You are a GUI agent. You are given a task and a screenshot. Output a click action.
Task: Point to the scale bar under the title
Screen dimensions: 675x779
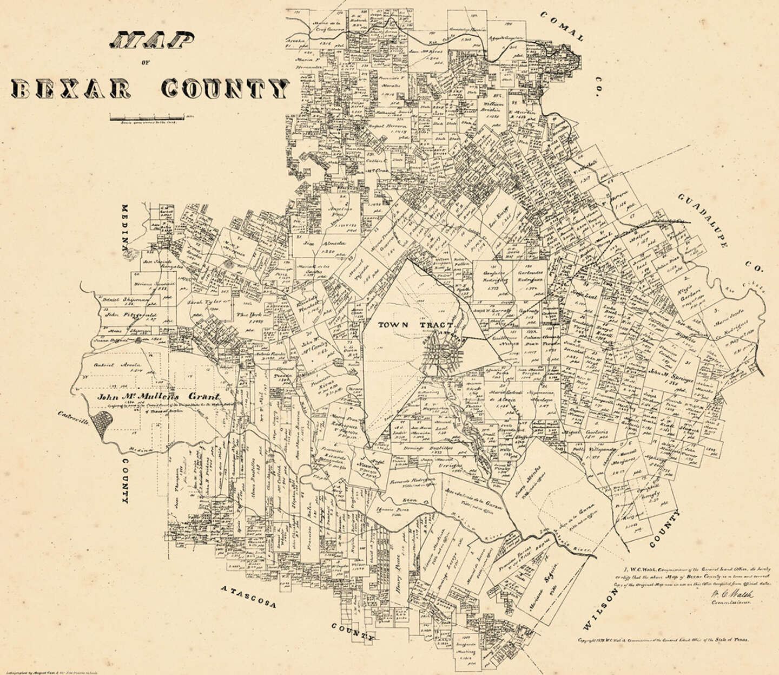[146, 116]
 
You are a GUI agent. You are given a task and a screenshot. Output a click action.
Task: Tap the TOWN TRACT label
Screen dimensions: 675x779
[401, 325]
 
